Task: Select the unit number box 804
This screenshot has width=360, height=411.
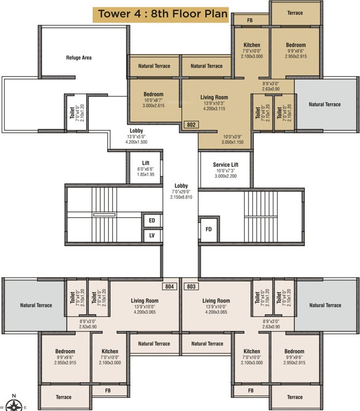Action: click(x=170, y=286)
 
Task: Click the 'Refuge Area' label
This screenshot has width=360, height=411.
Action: click(x=79, y=57)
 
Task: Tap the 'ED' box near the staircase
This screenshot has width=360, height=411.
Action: click(x=152, y=220)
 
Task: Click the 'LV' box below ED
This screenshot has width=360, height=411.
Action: click(x=152, y=235)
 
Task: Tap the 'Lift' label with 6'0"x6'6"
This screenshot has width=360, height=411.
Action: click(x=145, y=163)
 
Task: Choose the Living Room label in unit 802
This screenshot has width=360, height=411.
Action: click(x=214, y=97)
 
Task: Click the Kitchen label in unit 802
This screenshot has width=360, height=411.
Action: click(x=252, y=45)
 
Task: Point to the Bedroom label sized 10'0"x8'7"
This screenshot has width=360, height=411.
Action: click(x=153, y=94)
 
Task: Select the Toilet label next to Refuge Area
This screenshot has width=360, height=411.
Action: click(x=72, y=113)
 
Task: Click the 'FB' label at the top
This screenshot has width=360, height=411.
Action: click(x=250, y=20)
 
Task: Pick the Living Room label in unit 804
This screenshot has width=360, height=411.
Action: click(x=145, y=301)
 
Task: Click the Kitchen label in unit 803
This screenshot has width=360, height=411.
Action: click(x=252, y=352)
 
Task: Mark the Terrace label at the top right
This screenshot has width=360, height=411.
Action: click(x=295, y=13)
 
